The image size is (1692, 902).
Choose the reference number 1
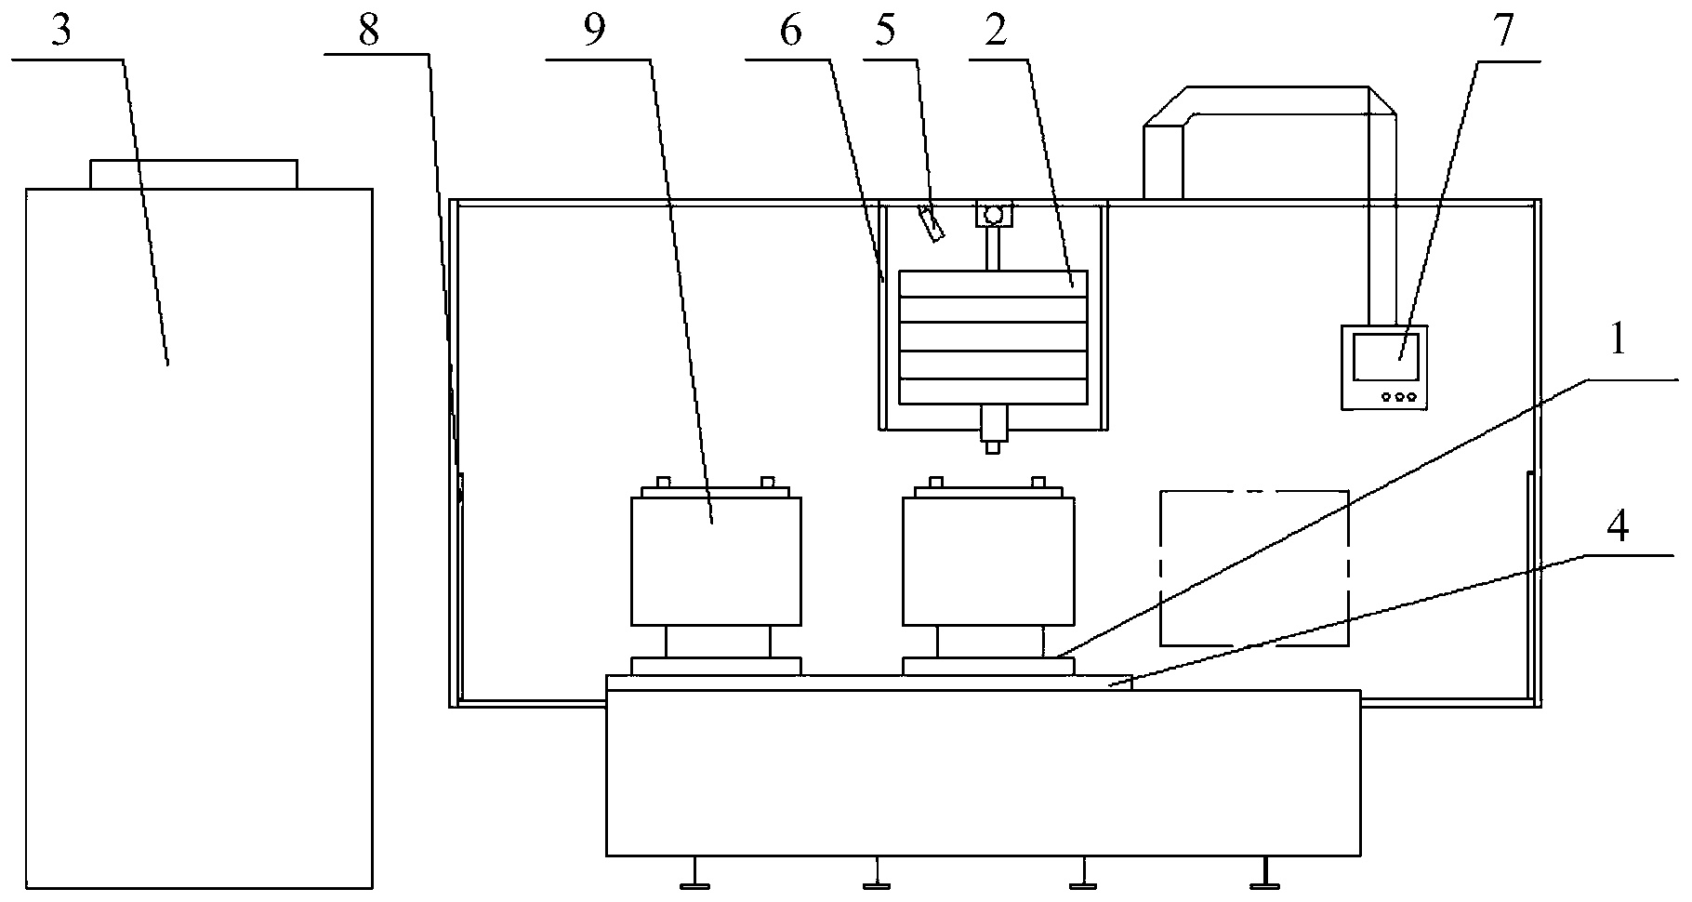click(x=1617, y=341)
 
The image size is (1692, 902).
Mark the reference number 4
click(x=1617, y=527)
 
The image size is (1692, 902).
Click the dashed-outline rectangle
click(x=1254, y=567)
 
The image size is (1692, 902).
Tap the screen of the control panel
click(x=1385, y=357)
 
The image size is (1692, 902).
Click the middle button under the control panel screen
click(x=1398, y=397)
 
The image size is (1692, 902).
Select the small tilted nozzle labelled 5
click(x=931, y=224)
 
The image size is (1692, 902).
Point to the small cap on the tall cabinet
click(x=193, y=174)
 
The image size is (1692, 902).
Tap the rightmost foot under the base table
click(x=1262, y=874)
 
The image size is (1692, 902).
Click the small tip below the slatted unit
click(x=992, y=447)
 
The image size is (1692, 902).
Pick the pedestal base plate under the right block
click(x=988, y=666)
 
